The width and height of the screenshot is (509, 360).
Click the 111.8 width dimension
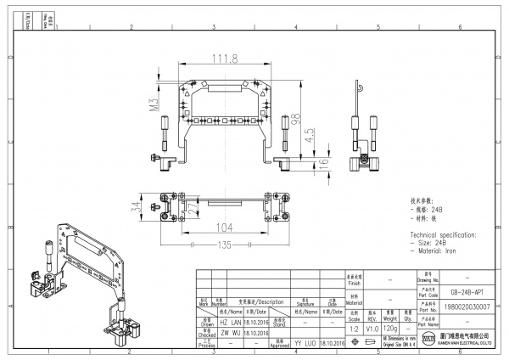point(224,58)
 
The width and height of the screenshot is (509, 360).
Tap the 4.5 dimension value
point(310,135)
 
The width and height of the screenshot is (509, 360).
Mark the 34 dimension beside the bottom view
point(136,206)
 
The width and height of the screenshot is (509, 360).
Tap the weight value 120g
point(390,327)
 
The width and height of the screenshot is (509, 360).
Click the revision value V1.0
point(372,327)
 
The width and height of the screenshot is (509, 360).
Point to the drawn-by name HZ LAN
point(230,323)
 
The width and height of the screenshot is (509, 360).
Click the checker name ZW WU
point(230,333)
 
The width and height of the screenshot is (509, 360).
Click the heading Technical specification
point(442,233)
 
